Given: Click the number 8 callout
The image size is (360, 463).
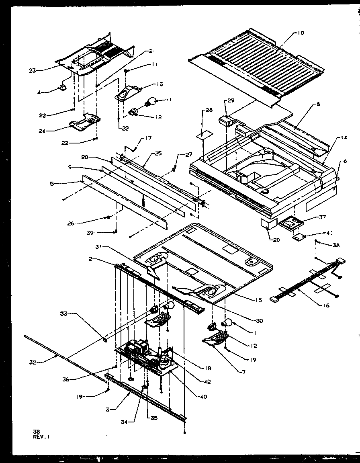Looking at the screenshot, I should [318, 104].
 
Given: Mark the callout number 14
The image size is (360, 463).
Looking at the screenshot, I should [344, 138].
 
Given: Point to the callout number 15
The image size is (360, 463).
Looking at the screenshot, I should [258, 300].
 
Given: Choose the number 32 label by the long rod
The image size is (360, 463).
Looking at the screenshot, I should [33, 362].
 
